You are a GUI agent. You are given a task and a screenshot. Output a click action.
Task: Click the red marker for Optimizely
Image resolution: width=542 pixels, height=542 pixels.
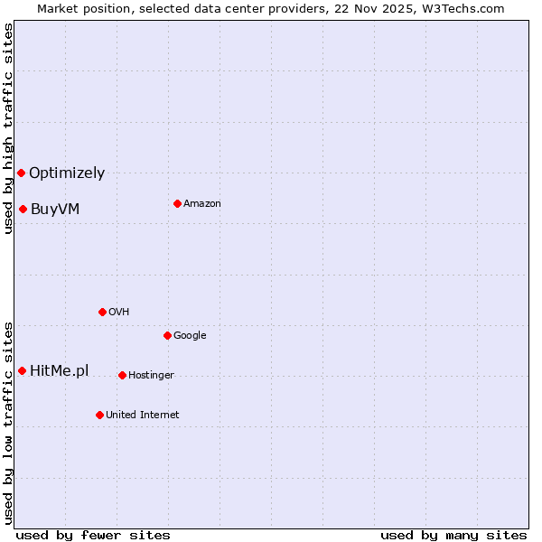(x=21, y=173)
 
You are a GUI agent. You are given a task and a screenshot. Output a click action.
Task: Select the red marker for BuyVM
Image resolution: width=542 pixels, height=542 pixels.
(x=23, y=210)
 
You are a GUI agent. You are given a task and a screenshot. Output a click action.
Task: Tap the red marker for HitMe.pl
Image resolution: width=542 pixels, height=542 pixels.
(x=22, y=370)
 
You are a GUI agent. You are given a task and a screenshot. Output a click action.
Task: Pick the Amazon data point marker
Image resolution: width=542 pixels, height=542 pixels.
(x=177, y=203)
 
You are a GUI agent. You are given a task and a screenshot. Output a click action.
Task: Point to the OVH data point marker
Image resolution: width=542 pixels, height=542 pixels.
(x=102, y=312)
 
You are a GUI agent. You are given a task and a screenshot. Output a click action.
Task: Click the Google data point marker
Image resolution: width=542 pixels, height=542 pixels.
(x=167, y=335)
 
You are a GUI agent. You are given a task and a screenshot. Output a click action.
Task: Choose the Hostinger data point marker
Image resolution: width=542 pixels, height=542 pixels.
(x=122, y=375)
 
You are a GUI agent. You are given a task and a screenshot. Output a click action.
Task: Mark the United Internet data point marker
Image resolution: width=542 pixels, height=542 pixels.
(x=99, y=415)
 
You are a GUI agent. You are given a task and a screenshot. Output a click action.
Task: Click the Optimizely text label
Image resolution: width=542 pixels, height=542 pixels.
(x=67, y=173)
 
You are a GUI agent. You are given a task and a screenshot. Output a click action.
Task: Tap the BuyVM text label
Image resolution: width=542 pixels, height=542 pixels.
(x=55, y=210)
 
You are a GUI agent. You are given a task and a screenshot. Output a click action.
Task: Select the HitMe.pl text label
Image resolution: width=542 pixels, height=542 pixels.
(x=60, y=370)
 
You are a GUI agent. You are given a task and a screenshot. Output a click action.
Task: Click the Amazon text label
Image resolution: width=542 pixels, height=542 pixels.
(x=202, y=203)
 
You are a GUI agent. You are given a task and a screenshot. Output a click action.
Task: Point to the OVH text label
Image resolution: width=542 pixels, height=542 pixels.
(x=119, y=312)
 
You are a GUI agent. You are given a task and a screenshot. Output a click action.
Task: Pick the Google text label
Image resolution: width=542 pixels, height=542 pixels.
(x=190, y=335)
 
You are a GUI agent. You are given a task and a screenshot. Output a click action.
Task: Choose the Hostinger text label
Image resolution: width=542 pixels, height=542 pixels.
(x=151, y=375)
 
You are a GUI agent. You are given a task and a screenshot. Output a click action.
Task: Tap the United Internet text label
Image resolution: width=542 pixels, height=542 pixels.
(x=143, y=415)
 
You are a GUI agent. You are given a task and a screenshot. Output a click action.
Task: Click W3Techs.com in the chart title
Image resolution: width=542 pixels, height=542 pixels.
(x=460, y=8)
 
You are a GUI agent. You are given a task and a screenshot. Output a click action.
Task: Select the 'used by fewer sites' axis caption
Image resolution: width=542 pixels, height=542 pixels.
(x=93, y=535)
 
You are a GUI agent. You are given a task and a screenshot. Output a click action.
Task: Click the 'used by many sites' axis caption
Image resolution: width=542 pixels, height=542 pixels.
(x=453, y=535)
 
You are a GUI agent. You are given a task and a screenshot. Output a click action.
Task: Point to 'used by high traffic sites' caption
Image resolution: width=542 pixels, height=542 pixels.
(x=8, y=128)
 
